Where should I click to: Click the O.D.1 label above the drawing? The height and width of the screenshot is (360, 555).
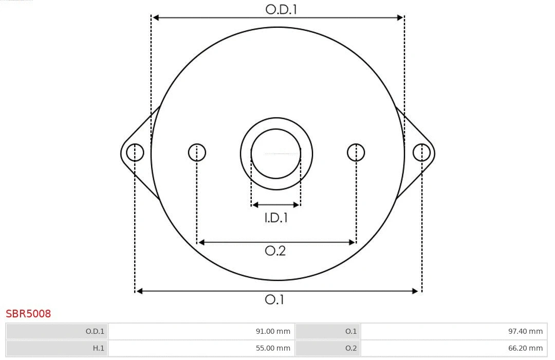click(281, 9)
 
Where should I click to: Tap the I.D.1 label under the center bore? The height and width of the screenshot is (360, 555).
click(276, 218)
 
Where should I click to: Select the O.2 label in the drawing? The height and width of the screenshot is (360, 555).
click(275, 251)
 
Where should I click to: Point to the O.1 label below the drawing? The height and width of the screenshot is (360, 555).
click(274, 299)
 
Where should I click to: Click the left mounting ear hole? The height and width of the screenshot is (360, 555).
click(135, 153)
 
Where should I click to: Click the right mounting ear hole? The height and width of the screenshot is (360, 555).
click(421, 153)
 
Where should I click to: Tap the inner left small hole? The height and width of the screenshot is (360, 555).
click(197, 153)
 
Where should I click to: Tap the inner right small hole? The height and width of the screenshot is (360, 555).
click(356, 153)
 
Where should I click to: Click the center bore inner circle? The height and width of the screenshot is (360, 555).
click(276, 154)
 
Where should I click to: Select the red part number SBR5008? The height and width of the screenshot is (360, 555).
click(28, 314)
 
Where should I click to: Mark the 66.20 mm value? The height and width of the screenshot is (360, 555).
click(525, 348)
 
